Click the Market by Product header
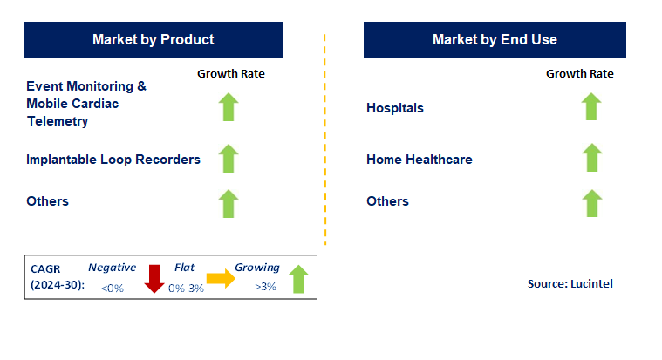click(x=153, y=39)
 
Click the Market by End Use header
click(x=495, y=39)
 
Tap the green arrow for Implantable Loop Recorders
click(x=228, y=160)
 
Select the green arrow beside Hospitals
click(x=590, y=108)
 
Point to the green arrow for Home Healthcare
click(x=590, y=160)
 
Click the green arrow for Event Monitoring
click(x=228, y=108)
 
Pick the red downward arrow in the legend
click(x=154, y=279)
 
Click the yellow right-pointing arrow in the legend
click(x=221, y=279)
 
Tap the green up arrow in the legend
click(x=298, y=279)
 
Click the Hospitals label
click(x=395, y=108)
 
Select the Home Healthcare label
click(x=420, y=160)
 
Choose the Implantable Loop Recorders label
click(x=113, y=160)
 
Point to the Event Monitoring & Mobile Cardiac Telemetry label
click(x=86, y=104)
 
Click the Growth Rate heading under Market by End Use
click(x=580, y=74)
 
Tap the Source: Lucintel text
click(x=570, y=283)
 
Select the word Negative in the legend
click(x=111, y=268)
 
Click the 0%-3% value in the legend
click(x=186, y=289)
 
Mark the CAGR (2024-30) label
click(x=55, y=277)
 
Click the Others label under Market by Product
click(x=47, y=201)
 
